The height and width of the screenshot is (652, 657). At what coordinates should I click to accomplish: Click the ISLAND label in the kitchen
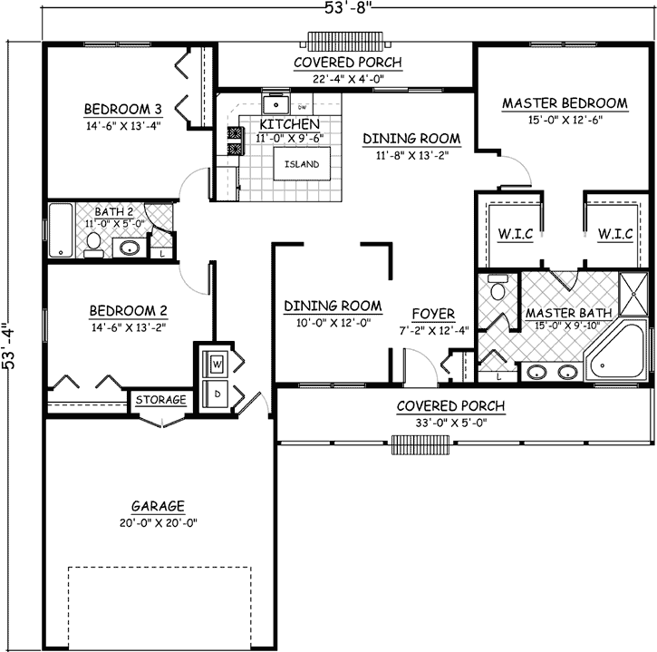click(300, 164)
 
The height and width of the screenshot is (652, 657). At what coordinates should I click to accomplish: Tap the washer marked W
click(217, 365)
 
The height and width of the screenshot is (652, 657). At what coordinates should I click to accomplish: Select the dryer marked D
click(217, 393)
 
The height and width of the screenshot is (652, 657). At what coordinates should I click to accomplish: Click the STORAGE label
click(161, 400)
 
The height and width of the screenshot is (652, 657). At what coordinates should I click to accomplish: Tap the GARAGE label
click(157, 506)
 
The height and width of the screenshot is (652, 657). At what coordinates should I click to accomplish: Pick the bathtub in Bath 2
click(61, 230)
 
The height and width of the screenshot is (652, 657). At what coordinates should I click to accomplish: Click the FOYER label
click(433, 314)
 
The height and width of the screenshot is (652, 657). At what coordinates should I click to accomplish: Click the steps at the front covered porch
click(420, 443)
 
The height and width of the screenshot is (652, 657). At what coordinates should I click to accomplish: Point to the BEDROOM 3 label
click(123, 110)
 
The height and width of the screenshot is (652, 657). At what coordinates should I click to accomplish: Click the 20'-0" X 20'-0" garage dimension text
click(157, 522)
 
